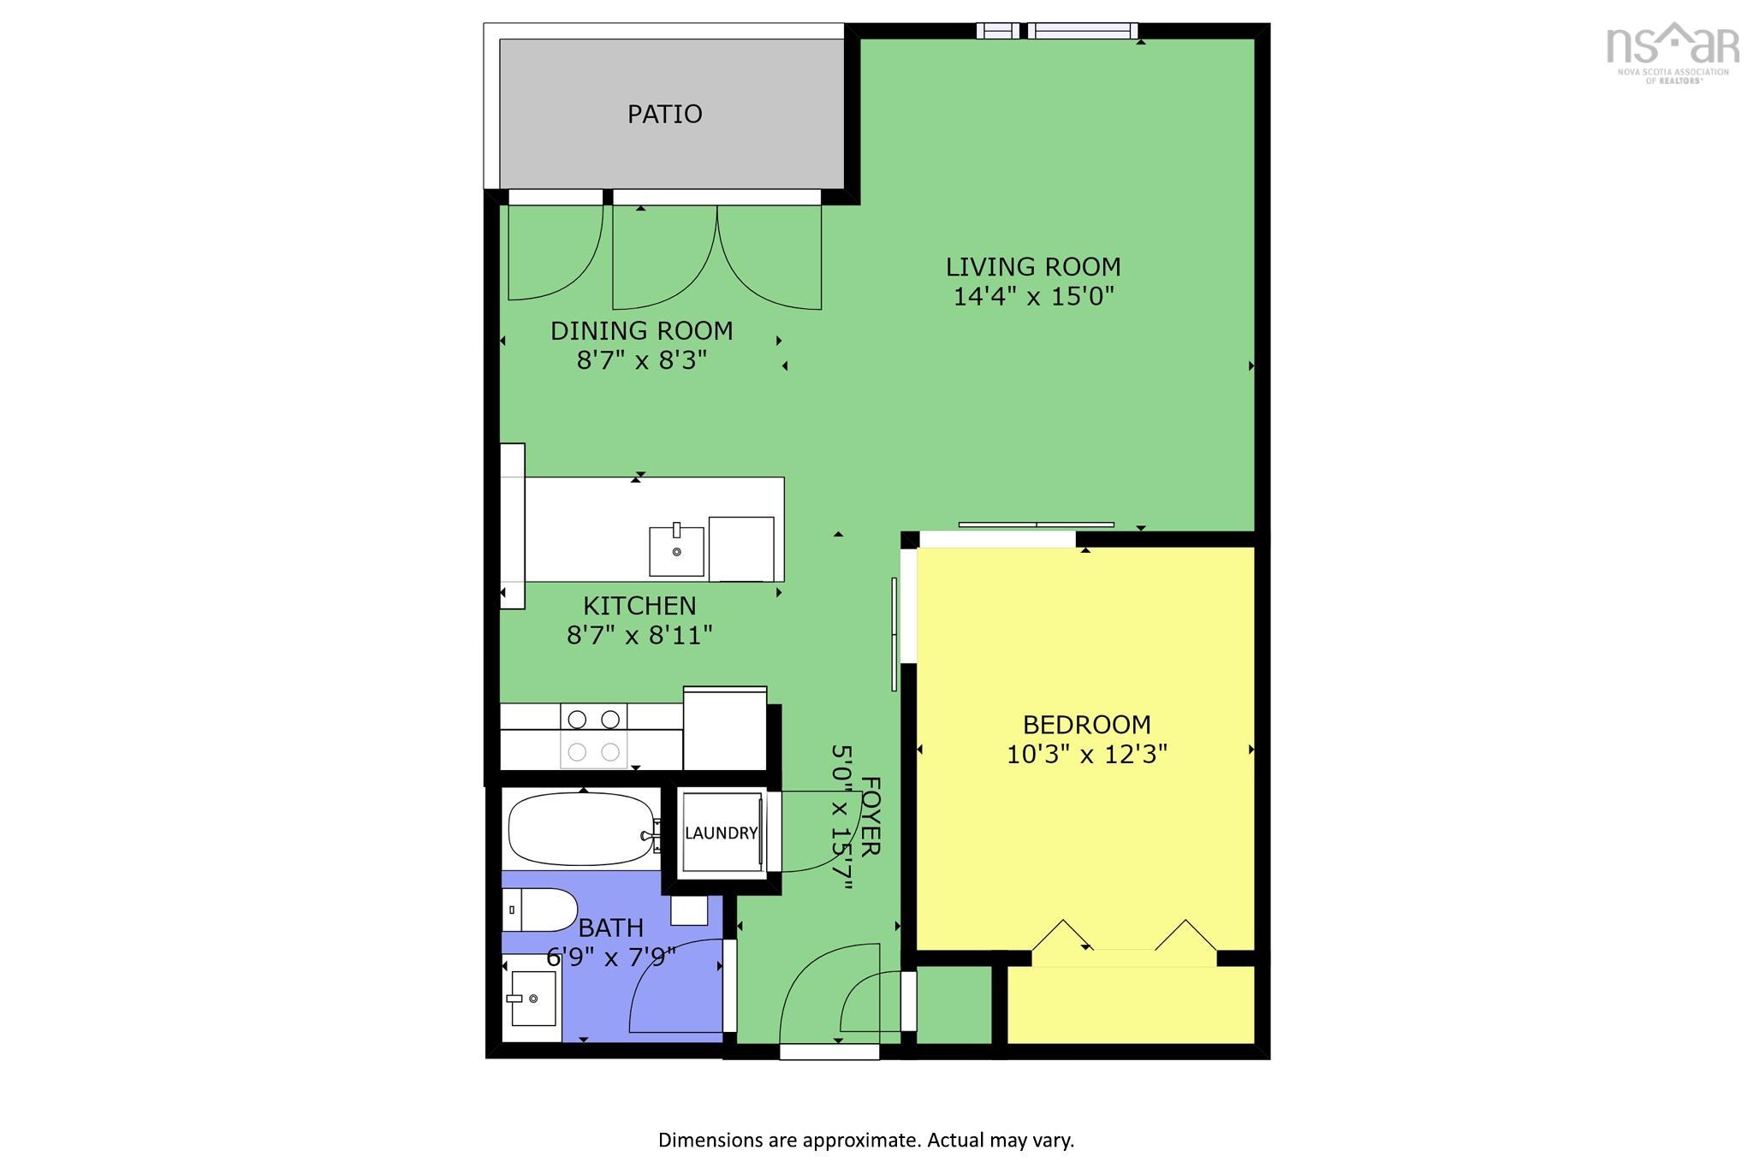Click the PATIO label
pyautogui.click(x=664, y=114)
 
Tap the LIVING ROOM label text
pyautogui.click(x=1032, y=267)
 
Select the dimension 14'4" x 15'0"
pyautogui.click(x=1032, y=297)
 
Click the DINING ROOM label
pyautogui.click(x=641, y=331)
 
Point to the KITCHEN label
pyautogui.click(x=639, y=606)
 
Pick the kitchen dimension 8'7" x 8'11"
pyautogui.click(x=639, y=636)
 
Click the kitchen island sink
pyautogui.click(x=676, y=551)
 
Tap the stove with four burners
pyautogui.click(x=593, y=736)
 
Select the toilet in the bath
pyautogui.click(x=539, y=910)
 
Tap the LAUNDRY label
pyautogui.click(x=721, y=833)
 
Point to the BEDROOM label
pyautogui.click(x=1086, y=725)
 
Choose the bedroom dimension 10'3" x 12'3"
pyautogui.click(x=1086, y=755)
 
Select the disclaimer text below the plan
pyautogui.click(x=865, y=1140)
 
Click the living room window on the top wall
pyautogui.click(x=1058, y=31)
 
